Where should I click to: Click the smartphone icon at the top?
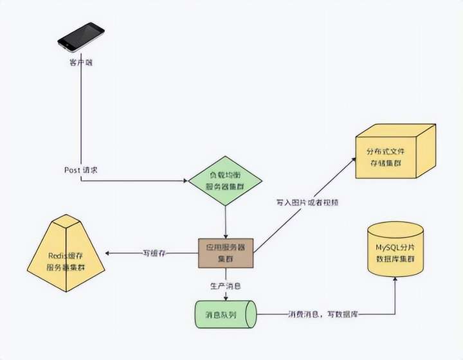[x=81, y=37]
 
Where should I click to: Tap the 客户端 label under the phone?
[x=81, y=62]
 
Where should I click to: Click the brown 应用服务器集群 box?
[x=225, y=252]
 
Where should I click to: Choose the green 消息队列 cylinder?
[x=225, y=315]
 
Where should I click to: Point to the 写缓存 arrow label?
[x=154, y=253]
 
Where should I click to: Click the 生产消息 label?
[x=225, y=285]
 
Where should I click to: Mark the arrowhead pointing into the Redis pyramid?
[x=107, y=253]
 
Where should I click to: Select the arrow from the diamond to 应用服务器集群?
[x=225, y=222]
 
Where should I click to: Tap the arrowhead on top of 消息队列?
[x=225, y=298]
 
